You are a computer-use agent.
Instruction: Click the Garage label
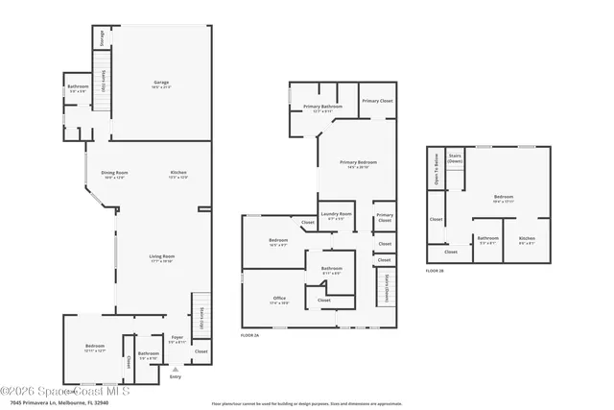point(161,83)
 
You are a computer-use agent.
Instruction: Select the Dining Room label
point(114,173)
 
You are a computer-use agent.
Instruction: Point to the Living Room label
point(161,256)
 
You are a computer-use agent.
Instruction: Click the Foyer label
point(177,337)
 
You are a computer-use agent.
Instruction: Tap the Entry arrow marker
point(175,369)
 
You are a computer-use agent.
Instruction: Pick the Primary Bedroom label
point(354,163)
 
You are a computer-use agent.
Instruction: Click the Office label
point(279,299)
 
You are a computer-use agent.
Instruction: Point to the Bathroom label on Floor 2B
point(487,238)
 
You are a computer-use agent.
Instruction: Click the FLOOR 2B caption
point(435,271)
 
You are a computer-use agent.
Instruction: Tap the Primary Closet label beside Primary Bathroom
point(376,100)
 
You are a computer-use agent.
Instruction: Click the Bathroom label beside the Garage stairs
point(77,90)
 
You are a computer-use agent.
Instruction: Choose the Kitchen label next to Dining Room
point(178,173)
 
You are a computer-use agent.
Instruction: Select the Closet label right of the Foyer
point(201,351)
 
